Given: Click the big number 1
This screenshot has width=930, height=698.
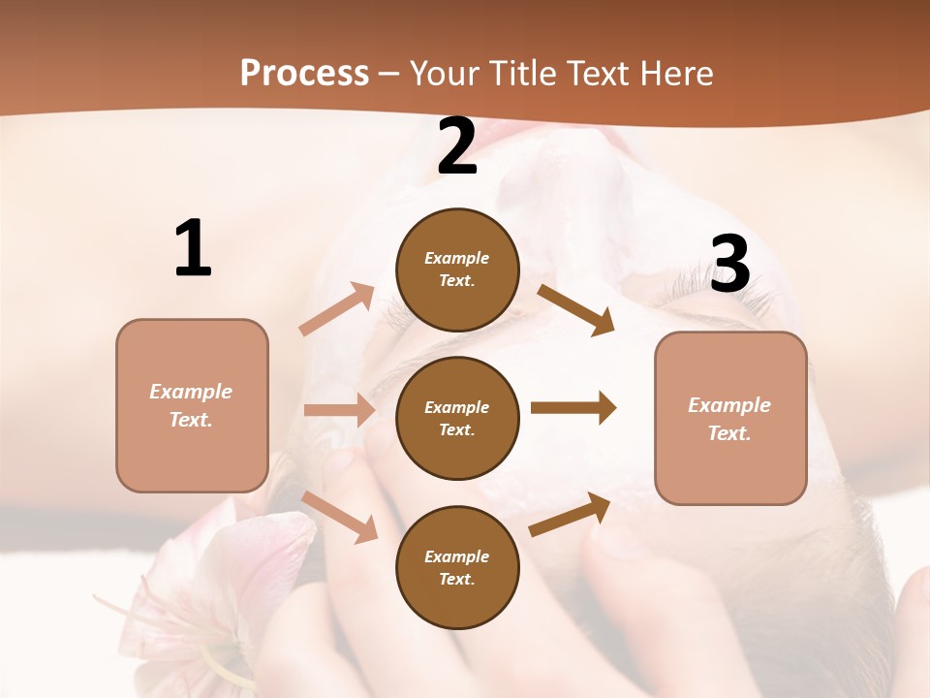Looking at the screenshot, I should [193, 248].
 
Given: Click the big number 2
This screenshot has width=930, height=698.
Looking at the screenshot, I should [457, 146].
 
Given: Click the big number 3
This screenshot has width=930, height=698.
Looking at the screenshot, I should [729, 264].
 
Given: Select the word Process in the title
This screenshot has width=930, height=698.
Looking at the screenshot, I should [304, 73].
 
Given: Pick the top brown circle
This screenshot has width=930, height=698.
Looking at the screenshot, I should [457, 270].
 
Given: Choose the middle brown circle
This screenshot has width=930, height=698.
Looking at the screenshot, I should [457, 418].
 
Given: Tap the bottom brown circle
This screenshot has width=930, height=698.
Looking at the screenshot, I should [457, 567].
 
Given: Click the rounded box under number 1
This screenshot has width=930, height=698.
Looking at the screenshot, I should [192, 405].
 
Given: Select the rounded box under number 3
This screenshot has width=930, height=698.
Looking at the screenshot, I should [730, 418].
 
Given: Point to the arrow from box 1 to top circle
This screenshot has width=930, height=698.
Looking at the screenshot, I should [337, 308].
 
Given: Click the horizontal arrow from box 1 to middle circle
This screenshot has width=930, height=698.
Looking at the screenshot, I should [339, 410].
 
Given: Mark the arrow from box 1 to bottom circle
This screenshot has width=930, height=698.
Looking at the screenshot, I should [341, 517].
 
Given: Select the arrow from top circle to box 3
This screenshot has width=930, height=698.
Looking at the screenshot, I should [576, 309].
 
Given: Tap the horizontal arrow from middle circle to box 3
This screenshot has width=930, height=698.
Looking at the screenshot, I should [573, 407].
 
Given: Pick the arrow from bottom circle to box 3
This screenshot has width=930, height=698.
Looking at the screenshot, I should [571, 514].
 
